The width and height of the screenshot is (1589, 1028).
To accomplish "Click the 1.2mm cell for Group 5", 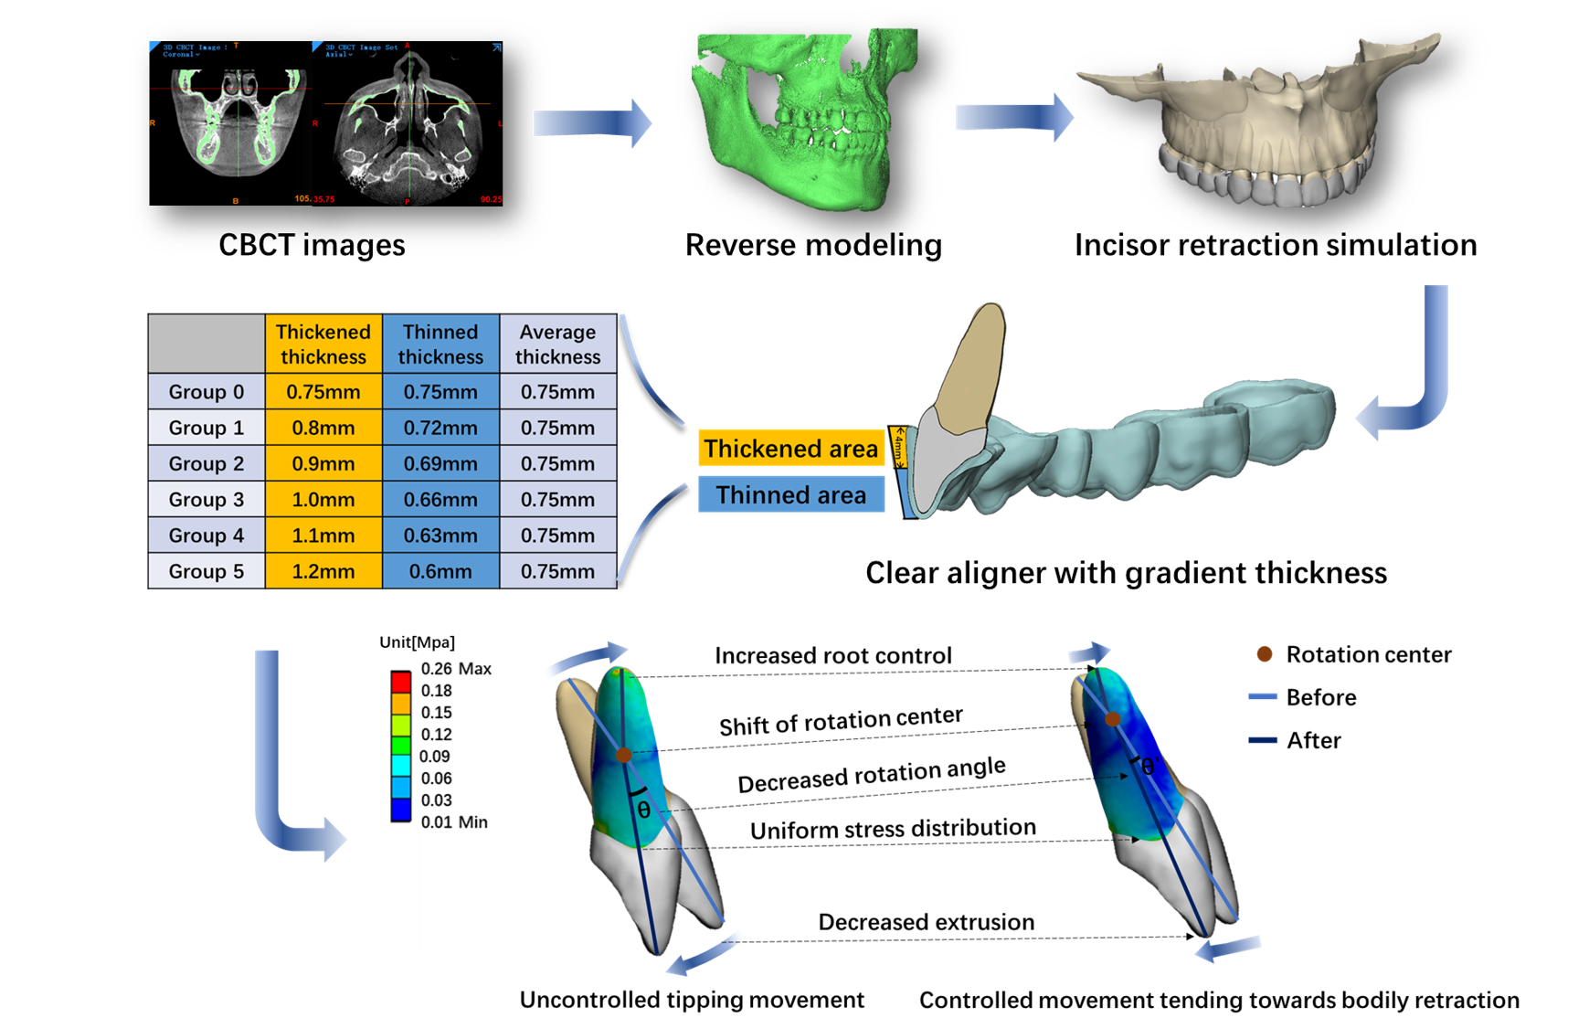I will point(323,571).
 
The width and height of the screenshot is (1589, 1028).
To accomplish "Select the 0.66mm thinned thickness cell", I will point(440,500).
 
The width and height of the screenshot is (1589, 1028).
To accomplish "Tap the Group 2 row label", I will point(206,463).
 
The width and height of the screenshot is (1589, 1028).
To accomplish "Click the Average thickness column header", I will point(557,344).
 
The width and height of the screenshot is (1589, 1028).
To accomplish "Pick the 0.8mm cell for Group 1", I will point(323,428).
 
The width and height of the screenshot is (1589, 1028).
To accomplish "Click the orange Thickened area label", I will point(790,449).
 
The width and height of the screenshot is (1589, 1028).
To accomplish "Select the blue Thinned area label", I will point(790,494).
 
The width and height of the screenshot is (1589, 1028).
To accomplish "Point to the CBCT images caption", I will point(312,245).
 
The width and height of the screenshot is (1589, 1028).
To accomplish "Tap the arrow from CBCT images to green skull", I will point(592,122).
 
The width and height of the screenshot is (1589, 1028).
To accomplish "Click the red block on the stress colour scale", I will point(400,682).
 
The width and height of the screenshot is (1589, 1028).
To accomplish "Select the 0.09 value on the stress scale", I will point(434,757).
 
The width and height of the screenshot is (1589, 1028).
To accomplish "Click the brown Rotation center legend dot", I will point(1265,654).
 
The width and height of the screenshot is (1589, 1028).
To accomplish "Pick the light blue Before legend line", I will point(1262,697).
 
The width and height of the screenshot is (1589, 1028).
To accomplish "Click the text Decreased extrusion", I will point(926,922).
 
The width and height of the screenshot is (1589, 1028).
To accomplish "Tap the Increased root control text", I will point(832,655).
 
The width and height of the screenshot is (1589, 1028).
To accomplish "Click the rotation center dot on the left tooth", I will point(623,755).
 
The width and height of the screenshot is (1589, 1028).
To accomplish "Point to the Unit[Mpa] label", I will point(417,642).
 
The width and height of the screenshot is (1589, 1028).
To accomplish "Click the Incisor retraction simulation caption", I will point(1275,245).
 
